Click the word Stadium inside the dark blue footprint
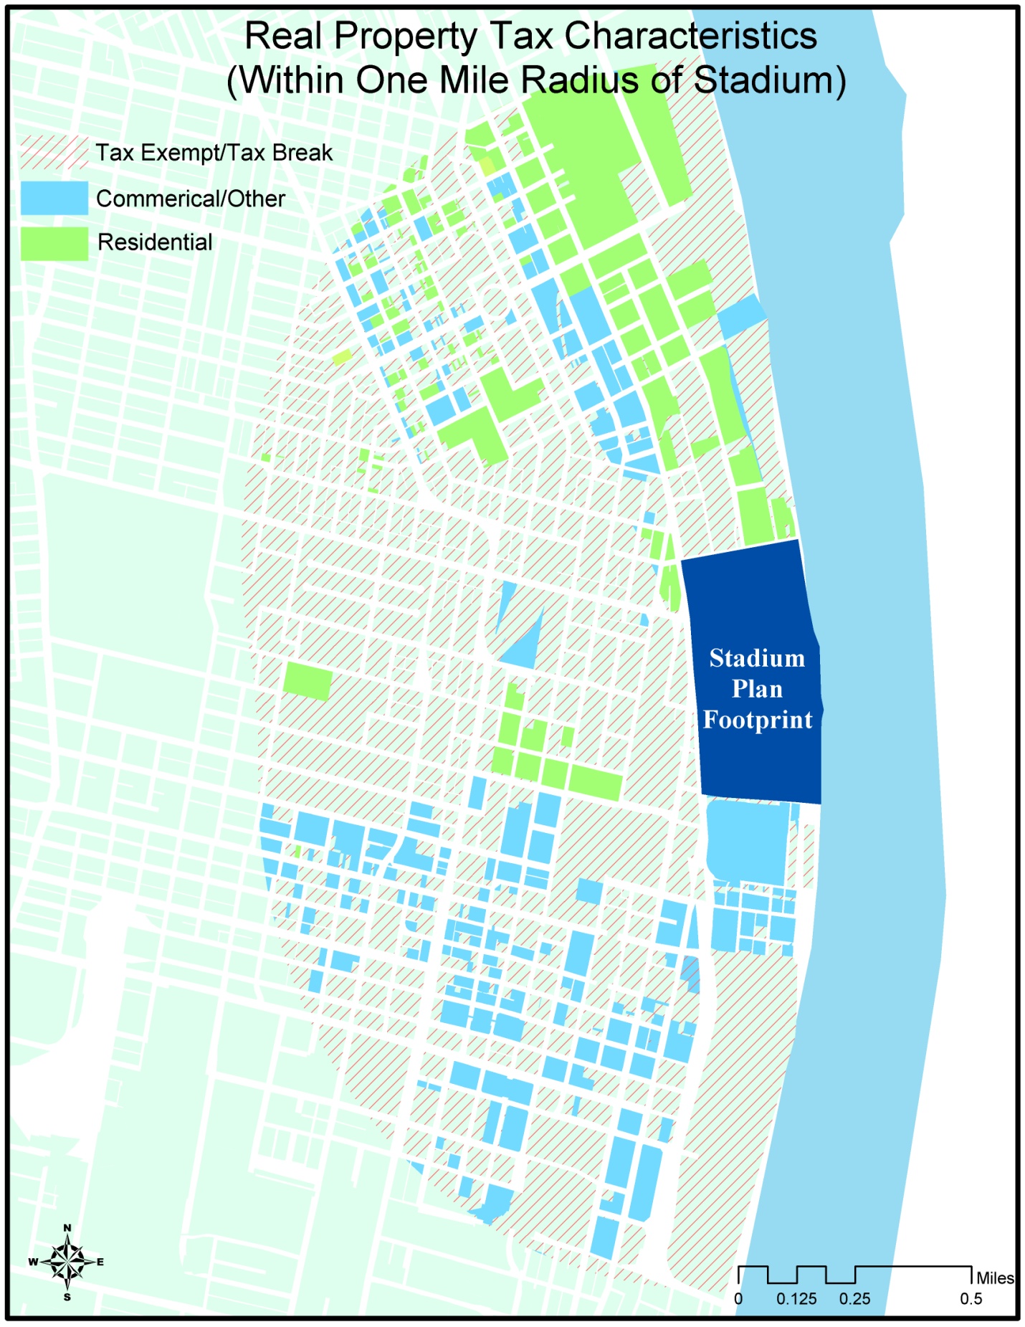(x=757, y=658)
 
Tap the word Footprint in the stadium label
(x=758, y=719)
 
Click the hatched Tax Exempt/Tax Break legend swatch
(x=54, y=152)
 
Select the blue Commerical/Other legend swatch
(x=54, y=198)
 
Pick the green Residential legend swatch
(x=54, y=243)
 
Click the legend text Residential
(x=155, y=242)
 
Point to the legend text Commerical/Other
(x=190, y=199)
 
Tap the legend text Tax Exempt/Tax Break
(x=214, y=153)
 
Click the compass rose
(x=67, y=1261)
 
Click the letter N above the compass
(x=67, y=1227)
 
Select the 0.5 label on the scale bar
(x=971, y=1298)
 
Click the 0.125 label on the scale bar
(x=796, y=1298)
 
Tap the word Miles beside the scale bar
(x=995, y=1278)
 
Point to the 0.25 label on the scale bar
(x=854, y=1298)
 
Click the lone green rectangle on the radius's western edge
(x=307, y=680)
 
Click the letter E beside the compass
(x=100, y=1262)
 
